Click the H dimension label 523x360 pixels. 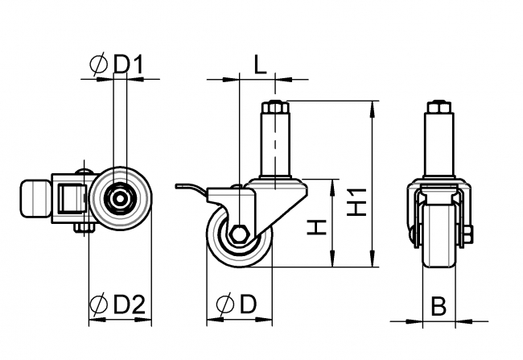click(x=319, y=229)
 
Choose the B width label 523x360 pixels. click(x=439, y=306)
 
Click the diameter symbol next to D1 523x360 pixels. click(x=99, y=64)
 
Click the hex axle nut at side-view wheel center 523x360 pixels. click(x=239, y=235)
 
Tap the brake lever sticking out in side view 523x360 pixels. click(x=190, y=188)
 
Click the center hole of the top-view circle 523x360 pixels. click(x=120, y=198)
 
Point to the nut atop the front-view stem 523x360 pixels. click(x=439, y=106)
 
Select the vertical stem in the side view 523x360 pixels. click(x=275, y=145)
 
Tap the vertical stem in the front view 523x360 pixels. click(x=439, y=145)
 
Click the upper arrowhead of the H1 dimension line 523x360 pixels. click(x=372, y=106)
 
